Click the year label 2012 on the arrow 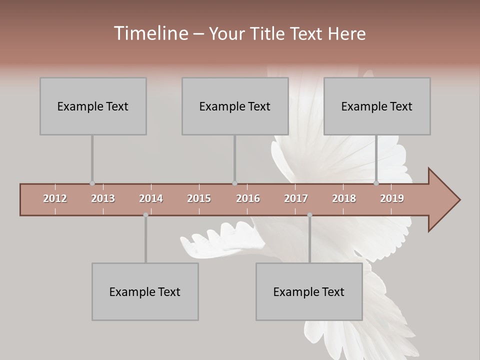point(55,198)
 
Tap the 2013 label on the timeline point(103,198)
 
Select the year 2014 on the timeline point(151,198)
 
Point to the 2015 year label point(199,198)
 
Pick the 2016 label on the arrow point(248,198)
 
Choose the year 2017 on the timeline point(296,198)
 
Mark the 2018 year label point(344,198)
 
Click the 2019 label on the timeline point(392,198)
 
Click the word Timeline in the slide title point(150,33)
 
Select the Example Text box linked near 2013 point(93,106)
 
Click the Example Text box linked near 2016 point(235,106)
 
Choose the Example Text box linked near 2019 point(377,106)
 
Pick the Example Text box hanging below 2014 point(145,291)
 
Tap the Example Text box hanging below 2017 point(309,291)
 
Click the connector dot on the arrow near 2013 point(92,183)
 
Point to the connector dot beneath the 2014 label point(145,215)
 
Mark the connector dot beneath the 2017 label point(309,215)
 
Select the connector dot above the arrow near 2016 point(234,183)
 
